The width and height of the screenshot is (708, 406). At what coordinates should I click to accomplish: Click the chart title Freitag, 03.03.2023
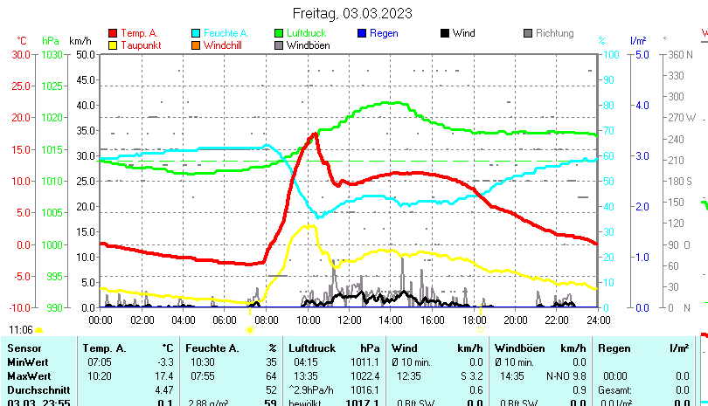tap(353, 13)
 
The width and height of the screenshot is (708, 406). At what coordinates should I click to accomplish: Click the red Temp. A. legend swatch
tap(113, 33)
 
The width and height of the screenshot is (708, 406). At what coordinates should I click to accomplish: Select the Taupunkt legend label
tap(140, 45)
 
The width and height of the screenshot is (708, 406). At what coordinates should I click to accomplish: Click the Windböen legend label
tap(309, 45)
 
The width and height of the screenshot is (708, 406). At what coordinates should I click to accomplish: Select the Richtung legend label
tap(554, 33)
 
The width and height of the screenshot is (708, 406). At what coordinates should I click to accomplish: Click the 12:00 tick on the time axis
tap(349, 320)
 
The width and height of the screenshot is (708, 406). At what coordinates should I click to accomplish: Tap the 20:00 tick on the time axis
tap(515, 320)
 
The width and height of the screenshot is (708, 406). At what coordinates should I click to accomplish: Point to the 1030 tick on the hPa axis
tap(52, 54)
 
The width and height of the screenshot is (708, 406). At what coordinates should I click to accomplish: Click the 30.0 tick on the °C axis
tap(20, 54)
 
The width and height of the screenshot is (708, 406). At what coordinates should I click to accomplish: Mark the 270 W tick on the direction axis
tap(683, 118)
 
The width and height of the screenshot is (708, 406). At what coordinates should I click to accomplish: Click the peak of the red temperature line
tap(314, 134)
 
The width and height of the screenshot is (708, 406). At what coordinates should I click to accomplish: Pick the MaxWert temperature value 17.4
tap(165, 375)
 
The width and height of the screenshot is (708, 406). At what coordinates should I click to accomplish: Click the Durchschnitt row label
tap(34, 389)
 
